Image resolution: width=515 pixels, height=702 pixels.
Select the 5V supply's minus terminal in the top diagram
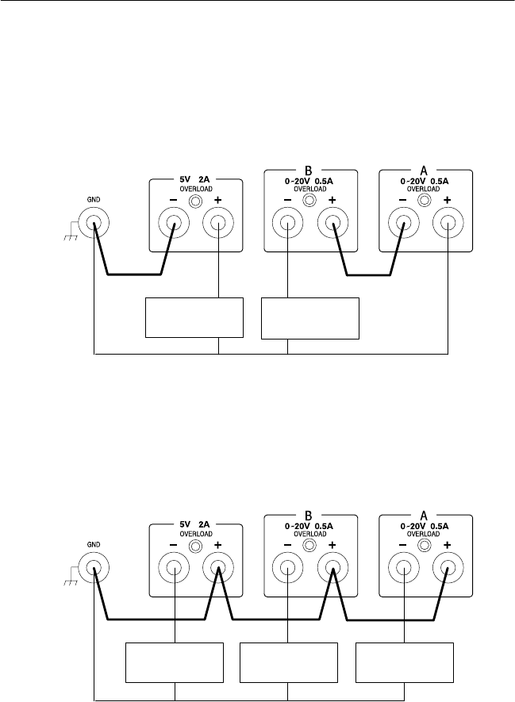point(173,224)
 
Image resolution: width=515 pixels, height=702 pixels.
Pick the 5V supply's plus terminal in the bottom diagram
point(217,569)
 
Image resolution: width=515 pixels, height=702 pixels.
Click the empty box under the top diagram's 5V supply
point(194,317)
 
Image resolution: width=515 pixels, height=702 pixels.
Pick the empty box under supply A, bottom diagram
point(405,664)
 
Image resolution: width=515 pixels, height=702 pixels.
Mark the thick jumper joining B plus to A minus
point(369,275)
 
